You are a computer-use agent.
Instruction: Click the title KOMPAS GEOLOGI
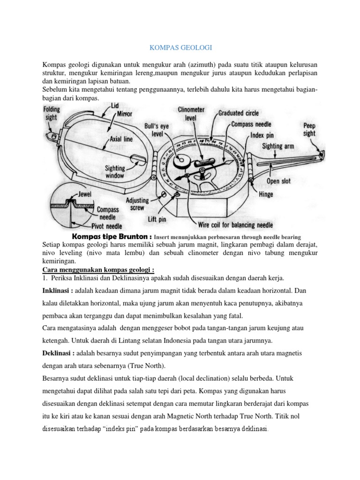(180, 47)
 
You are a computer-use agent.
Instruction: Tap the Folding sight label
(52, 112)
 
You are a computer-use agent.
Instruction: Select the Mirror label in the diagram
(125, 114)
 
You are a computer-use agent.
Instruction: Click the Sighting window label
(114, 172)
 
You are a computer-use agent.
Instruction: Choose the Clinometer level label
(191, 114)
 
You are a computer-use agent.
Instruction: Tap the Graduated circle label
(239, 113)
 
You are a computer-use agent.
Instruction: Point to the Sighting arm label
(278, 146)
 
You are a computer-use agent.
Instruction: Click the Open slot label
(279, 180)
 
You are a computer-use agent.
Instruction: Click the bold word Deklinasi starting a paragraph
(58, 352)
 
